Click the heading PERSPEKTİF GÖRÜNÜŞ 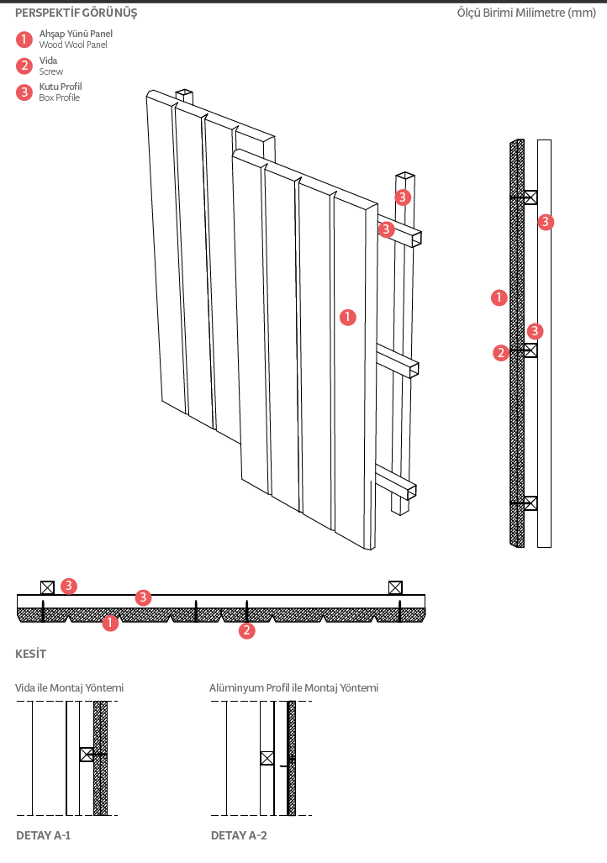[77, 13]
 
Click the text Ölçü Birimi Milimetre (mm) [525, 13]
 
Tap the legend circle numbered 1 [24, 39]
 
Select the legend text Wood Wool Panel [73, 45]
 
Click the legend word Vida [48, 61]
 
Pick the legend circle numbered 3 [24, 92]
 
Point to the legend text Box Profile [60, 98]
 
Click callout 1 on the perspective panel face [348, 317]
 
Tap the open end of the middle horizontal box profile [413, 369]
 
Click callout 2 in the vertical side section [501, 353]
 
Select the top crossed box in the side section [530, 197]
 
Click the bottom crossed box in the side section [530, 503]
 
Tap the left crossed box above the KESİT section [47, 587]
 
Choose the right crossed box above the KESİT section [395, 587]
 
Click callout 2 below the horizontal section [246, 630]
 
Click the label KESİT [31, 654]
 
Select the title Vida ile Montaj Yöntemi [69, 688]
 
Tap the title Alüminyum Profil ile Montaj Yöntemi [293, 688]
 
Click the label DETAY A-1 [44, 836]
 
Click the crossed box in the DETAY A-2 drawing [267, 758]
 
